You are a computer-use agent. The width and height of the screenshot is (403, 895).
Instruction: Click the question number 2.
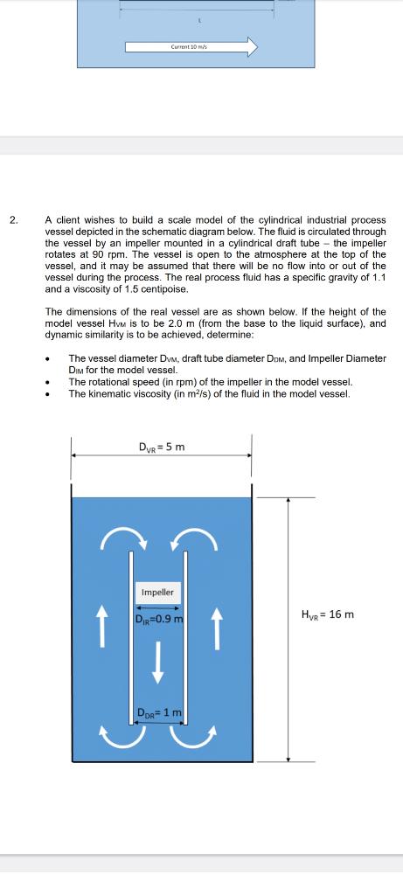(13, 220)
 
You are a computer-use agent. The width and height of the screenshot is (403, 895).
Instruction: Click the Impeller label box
(158, 593)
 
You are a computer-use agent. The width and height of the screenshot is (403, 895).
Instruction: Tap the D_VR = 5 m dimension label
(161, 447)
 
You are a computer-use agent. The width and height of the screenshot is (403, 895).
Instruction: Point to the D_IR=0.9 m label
(158, 621)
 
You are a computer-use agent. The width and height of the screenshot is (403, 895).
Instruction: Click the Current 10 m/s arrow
(191, 46)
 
